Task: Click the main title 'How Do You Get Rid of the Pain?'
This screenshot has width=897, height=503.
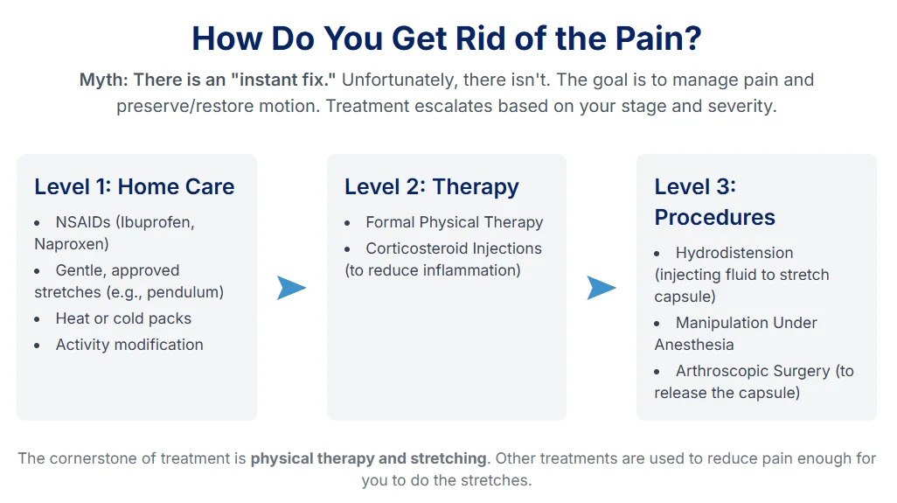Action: (447, 38)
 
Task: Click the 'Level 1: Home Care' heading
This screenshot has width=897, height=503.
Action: (134, 187)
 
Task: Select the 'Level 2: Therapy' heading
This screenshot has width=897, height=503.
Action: (431, 187)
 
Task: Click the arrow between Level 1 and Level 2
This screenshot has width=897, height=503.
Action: (291, 287)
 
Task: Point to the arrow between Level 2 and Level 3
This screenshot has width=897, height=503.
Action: (601, 287)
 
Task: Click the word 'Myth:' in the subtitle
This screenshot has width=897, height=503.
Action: (103, 80)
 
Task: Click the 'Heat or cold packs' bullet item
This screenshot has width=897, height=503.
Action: (123, 318)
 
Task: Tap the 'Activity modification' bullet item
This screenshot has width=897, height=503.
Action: (129, 345)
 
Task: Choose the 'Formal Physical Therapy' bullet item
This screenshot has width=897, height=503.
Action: (454, 222)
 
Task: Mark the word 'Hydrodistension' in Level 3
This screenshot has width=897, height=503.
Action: (734, 253)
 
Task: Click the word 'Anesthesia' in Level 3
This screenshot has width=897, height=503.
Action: (693, 345)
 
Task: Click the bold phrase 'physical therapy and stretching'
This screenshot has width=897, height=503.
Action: (368, 458)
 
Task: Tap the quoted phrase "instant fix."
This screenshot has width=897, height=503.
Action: (285, 80)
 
